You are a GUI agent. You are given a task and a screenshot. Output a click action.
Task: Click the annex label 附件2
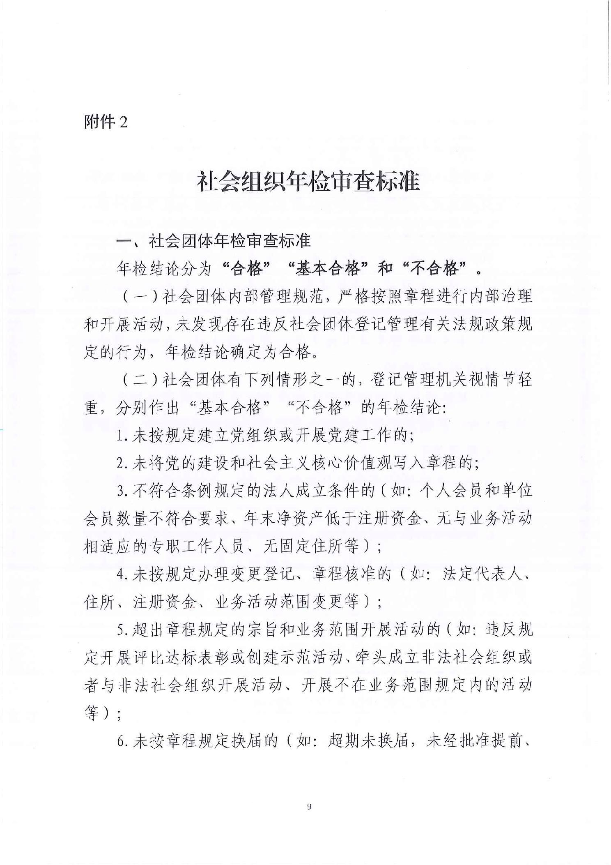point(106,122)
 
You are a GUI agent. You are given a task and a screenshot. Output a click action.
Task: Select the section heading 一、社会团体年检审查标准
point(214,241)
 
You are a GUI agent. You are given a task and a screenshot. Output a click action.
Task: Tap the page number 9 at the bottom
point(309,807)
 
